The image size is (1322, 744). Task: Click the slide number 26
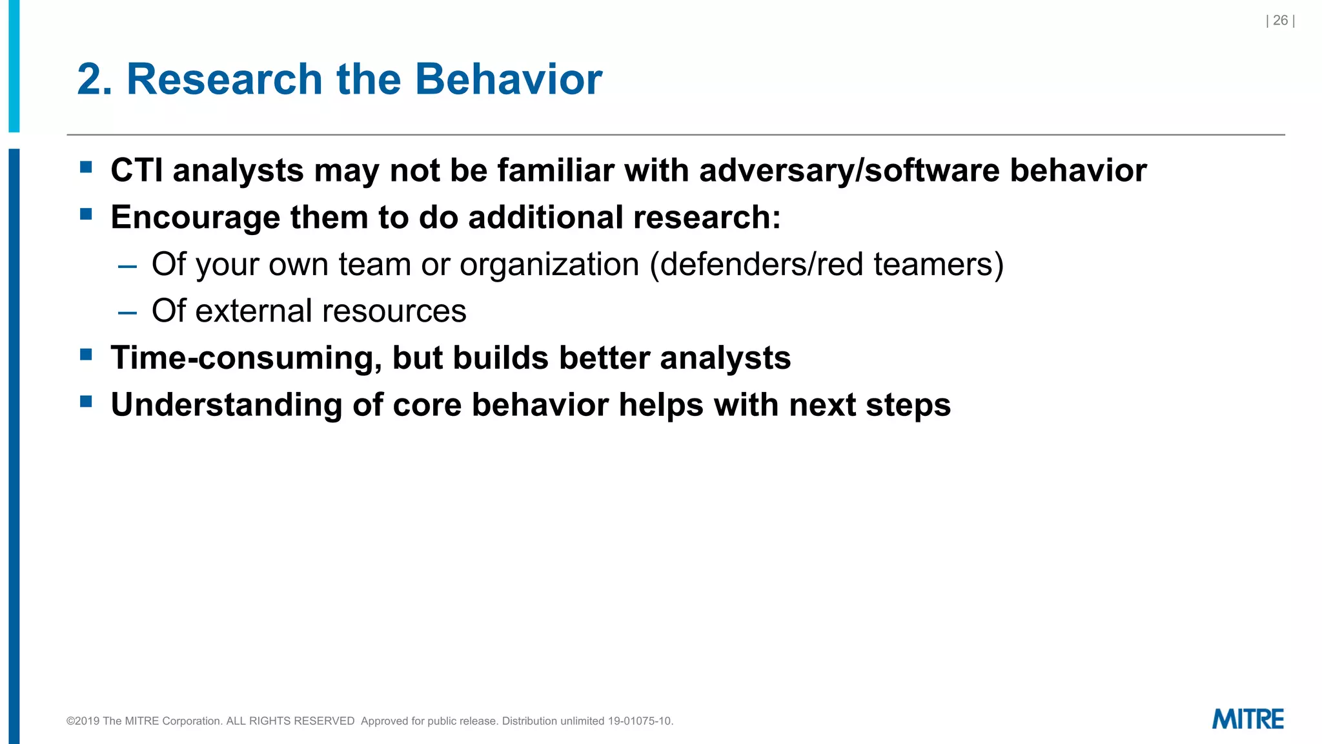1280,21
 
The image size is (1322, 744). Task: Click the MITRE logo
1247,719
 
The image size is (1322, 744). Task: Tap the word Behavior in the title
508,79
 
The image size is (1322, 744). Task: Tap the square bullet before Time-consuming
86,354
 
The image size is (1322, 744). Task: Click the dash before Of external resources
128,313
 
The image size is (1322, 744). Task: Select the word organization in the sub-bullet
549,265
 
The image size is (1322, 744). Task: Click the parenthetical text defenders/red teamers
827,265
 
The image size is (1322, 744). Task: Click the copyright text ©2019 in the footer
83,721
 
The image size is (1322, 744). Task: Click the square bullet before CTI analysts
86,167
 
